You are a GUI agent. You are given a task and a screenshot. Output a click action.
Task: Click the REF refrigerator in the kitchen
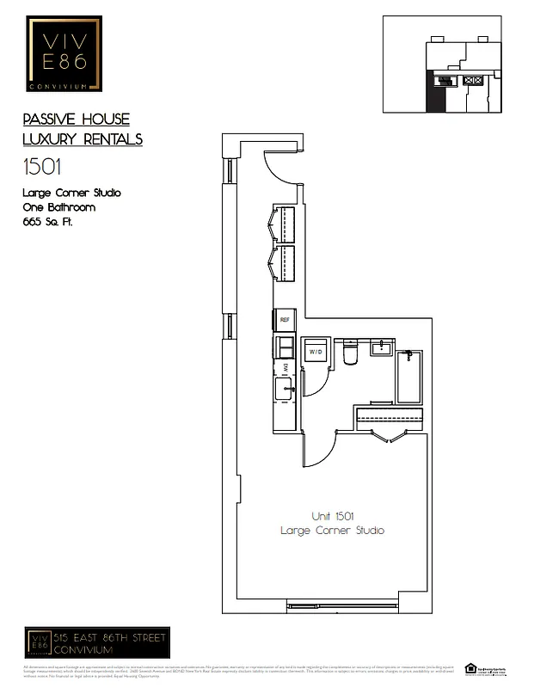pos(285,320)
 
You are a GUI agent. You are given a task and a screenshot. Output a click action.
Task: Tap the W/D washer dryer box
pos(315,353)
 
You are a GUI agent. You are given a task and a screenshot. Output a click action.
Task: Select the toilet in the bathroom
pos(349,353)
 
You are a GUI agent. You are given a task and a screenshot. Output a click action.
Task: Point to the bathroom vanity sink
pos(382,347)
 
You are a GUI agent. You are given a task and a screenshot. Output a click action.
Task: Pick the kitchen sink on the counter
pos(285,389)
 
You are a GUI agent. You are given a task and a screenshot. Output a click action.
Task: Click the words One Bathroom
pos(58,207)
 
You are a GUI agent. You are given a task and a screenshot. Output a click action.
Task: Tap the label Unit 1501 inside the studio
pos(333,516)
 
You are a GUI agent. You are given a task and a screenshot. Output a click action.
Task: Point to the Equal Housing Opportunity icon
pos(470,667)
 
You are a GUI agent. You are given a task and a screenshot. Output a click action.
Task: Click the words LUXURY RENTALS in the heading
pos(83,138)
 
